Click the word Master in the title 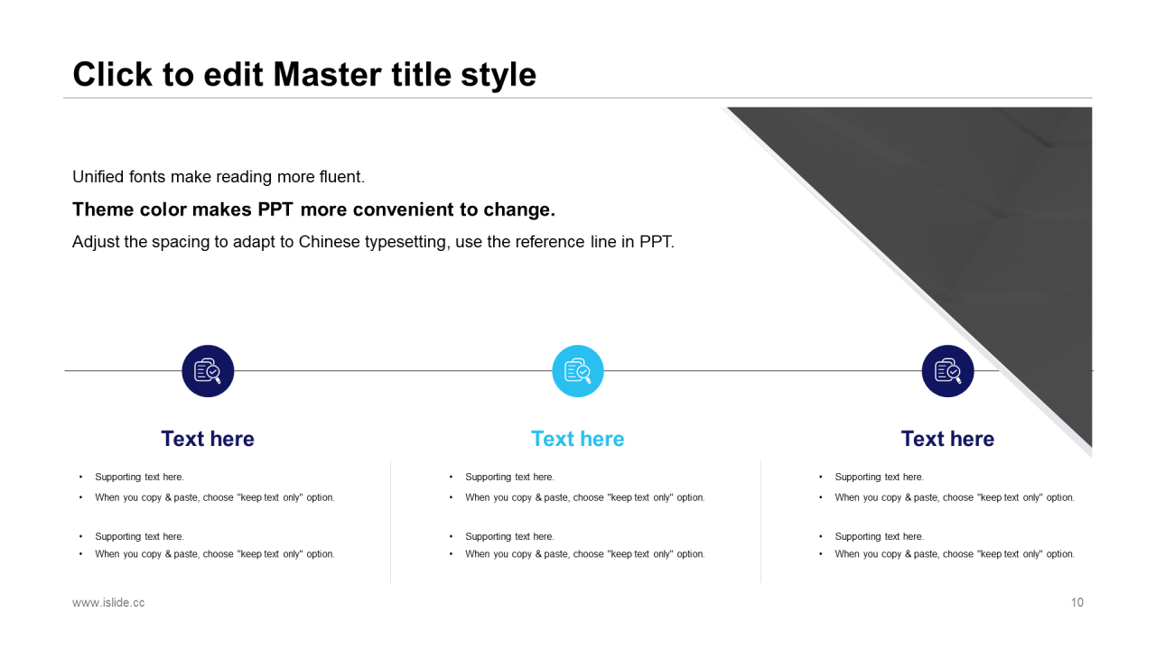point(327,74)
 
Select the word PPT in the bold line point(275,209)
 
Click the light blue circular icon point(577,371)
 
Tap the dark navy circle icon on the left point(208,371)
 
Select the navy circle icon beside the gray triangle point(947,371)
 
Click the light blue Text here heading point(577,439)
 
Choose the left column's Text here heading point(208,439)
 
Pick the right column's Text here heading point(947,439)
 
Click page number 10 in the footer point(1077,602)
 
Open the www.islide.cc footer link point(108,602)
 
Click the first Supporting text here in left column point(139,478)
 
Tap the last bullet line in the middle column point(584,554)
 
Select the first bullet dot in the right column point(821,478)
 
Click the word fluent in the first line point(342,176)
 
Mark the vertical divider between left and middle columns point(391,522)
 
